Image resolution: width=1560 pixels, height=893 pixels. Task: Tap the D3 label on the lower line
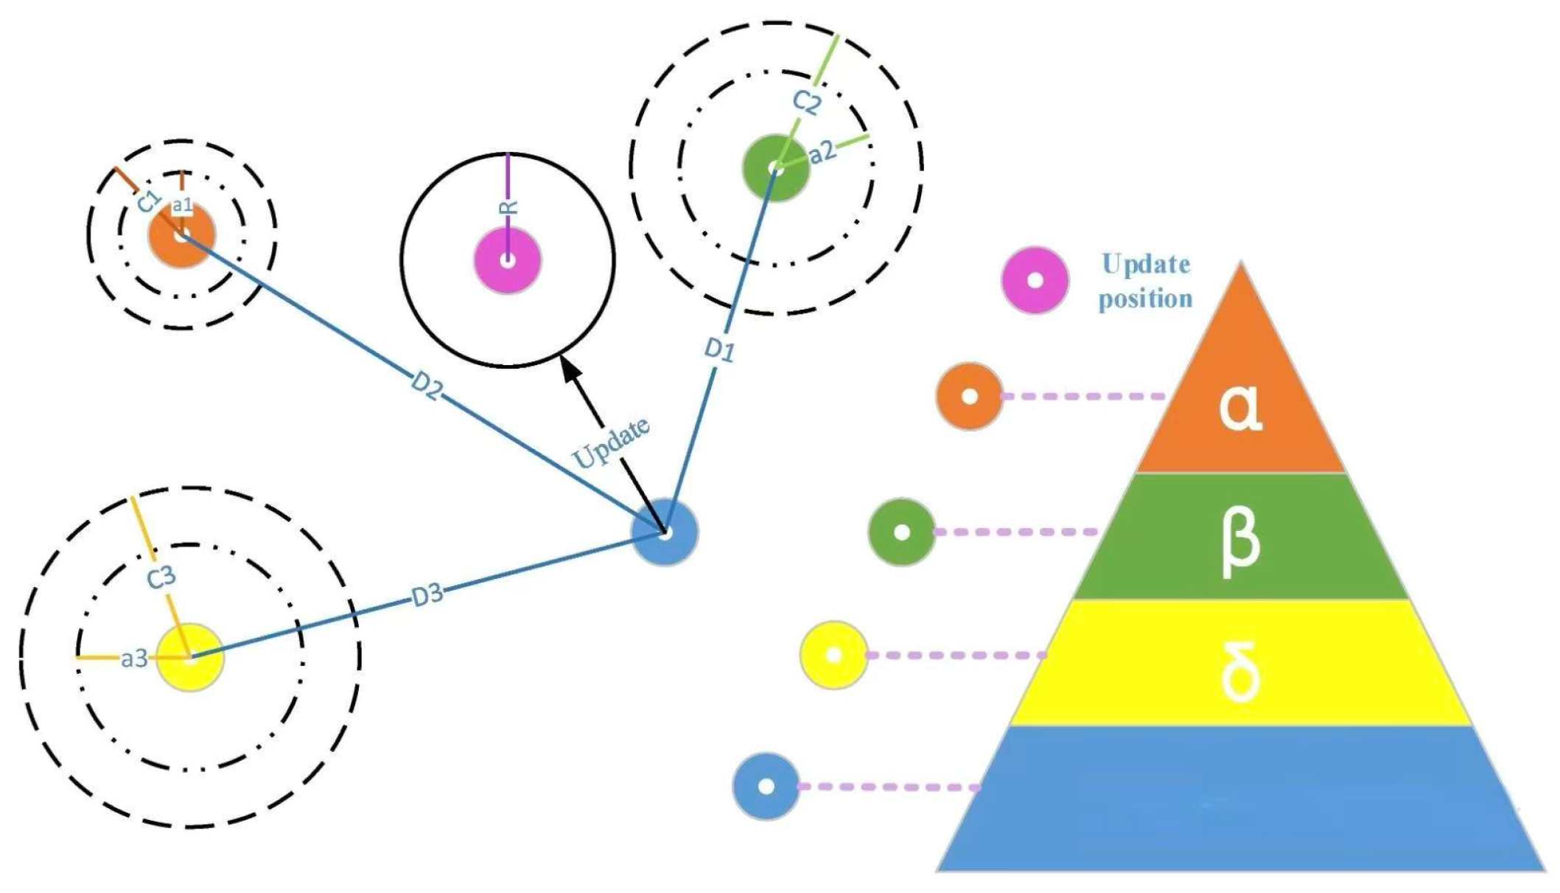pyautogui.click(x=427, y=595)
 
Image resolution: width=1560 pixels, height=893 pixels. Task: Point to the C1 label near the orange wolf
pyautogui.click(x=150, y=201)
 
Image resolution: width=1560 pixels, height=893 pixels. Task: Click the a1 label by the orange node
pyautogui.click(x=182, y=206)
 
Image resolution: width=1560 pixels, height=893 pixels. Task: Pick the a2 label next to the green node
pyautogui.click(x=822, y=153)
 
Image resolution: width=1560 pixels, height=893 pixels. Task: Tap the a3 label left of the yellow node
pyautogui.click(x=134, y=659)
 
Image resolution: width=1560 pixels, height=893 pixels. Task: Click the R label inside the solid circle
pyautogui.click(x=508, y=207)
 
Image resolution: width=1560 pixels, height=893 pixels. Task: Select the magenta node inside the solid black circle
pyautogui.click(x=508, y=260)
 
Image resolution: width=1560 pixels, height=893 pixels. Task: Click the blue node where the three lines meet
pyautogui.click(x=665, y=532)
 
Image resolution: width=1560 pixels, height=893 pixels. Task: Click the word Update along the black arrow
pyautogui.click(x=612, y=442)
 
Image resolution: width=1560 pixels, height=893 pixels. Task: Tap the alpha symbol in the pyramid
pyautogui.click(x=1240, y=408)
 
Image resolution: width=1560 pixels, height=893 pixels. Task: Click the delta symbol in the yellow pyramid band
pyautogui.click(x=1240, y=671)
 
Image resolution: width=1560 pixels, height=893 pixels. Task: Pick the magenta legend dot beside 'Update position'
pyautogui.click(x=1035, y=281)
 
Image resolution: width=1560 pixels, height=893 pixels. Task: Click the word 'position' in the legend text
pyautogui.click(x=1145, y=299)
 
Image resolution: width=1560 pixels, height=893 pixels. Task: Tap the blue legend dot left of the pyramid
pyautogui.click(x=766, y=786)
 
